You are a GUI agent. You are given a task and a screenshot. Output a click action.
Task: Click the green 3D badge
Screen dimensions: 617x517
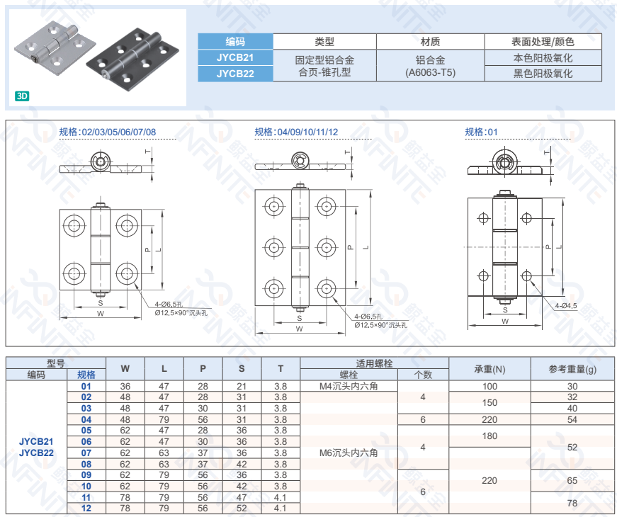[x=22, y=96]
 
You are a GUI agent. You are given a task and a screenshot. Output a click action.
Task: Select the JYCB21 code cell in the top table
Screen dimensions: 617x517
[x=235, y=57]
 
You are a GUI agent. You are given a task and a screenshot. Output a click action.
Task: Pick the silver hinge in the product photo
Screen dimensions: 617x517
[x=55, y=48]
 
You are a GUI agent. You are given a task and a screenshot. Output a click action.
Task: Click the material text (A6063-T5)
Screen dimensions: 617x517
[x=430, y=72]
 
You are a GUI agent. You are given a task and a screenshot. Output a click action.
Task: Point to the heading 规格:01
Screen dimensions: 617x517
[x=481, y=132]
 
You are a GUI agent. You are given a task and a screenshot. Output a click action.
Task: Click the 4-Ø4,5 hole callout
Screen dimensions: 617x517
[x=566, y=306]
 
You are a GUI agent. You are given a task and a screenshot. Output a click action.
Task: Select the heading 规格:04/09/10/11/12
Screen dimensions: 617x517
[x=296, y=132]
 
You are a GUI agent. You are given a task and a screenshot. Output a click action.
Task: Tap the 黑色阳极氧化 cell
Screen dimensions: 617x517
[x=543, y=74]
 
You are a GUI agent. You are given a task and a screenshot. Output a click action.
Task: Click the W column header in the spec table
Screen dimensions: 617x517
[x=125, y=369]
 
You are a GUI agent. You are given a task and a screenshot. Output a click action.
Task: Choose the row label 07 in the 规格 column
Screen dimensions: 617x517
[x=86, y=453]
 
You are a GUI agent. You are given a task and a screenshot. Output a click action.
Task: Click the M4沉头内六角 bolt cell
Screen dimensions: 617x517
[x=349, y=387]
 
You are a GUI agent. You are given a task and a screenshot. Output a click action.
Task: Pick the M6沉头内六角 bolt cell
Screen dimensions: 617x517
[x=349, y=453]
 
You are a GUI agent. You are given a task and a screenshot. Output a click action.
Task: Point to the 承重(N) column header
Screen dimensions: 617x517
[x=489, y=369]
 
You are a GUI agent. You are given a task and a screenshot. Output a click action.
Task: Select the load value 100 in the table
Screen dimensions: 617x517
[x=489, y=387]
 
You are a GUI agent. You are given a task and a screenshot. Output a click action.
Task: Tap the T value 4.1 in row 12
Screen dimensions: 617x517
[x=281, y=509]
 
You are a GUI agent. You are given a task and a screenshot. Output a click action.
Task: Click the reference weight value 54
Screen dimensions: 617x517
[x=572, y=419]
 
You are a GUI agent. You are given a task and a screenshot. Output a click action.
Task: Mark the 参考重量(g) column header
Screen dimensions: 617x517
[x=572, y=369]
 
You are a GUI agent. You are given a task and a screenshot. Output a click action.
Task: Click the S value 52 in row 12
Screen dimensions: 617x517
[x=242, y=509]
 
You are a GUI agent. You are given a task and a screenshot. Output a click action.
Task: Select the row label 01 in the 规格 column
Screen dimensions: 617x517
[x=86, y=387]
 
